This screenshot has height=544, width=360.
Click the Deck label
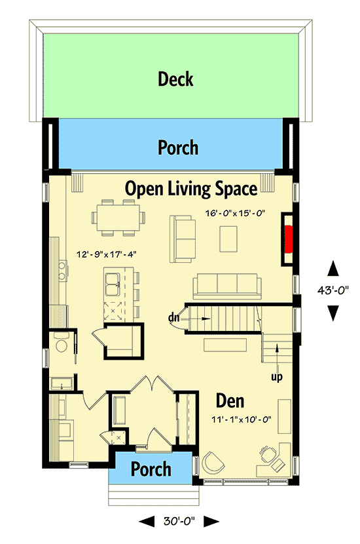[175, 79]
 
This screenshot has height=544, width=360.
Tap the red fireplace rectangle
[288, 238]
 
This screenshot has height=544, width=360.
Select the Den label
[230, 400]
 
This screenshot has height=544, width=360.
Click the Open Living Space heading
[190, 189]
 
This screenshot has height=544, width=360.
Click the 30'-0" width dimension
[179, 522]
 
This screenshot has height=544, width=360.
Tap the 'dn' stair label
[174, 318]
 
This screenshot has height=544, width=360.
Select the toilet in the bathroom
[62, 345]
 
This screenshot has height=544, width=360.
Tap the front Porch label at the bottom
[151, 469]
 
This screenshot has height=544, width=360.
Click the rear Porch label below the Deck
[177, 147]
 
